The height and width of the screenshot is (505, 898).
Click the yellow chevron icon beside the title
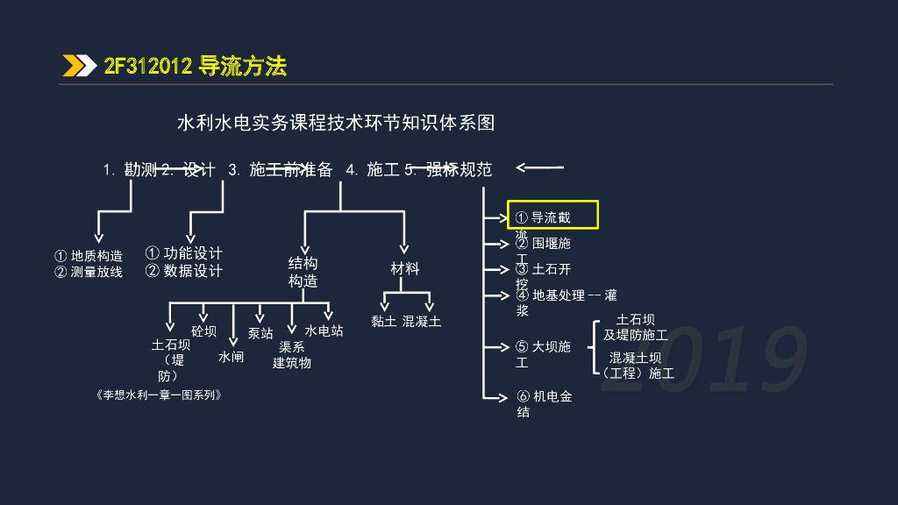coord(79,66)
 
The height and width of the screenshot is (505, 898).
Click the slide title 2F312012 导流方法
coord(195,66)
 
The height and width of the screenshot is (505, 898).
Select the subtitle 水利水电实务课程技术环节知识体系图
coord(336,123)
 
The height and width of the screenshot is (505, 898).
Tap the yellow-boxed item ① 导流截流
coord(552,215)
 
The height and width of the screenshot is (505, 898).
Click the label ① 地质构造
coord(89,256)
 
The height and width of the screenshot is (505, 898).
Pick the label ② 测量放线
coord(89,272)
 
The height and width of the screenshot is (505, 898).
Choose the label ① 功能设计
coord(184,253)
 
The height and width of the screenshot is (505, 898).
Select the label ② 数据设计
coord(184,271)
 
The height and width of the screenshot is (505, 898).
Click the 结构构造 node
coord(303,272)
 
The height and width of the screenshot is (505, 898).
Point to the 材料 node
coord(405,269)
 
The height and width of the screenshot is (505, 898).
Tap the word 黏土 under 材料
coord(384,322)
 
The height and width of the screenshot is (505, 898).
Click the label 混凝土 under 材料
coord(422,322)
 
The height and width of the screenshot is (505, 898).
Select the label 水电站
coord(324,331)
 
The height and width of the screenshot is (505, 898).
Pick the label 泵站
coord(260,334)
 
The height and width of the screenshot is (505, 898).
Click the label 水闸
coord(232,358)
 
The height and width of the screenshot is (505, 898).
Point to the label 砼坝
coord(203,331)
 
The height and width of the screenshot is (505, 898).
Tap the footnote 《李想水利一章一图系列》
coord(157,395)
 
